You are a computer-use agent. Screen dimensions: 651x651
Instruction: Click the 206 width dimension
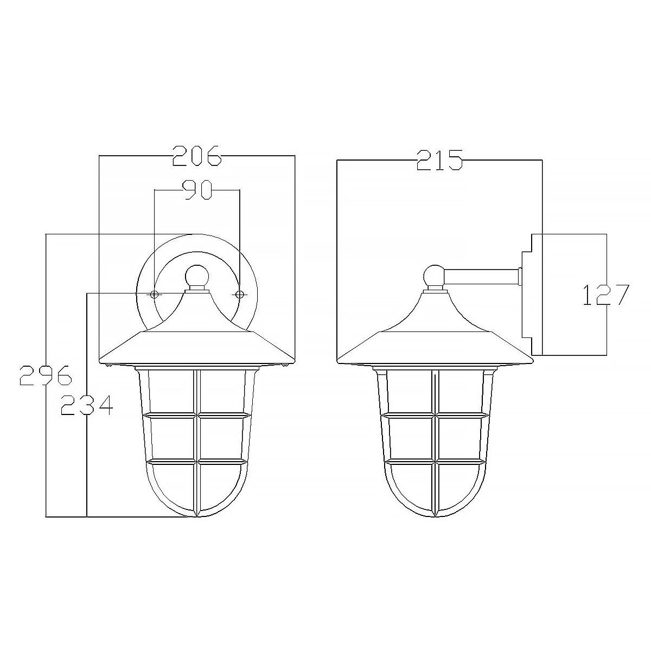(197, 156)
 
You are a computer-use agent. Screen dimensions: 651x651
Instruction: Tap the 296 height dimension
(46, 375)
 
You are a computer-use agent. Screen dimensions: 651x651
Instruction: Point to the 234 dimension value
(86, 405)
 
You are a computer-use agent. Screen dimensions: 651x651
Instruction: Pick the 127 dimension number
(605, 295)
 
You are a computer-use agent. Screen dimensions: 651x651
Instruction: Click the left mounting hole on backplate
(155, 294)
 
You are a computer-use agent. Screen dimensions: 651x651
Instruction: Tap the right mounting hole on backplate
(239, 294)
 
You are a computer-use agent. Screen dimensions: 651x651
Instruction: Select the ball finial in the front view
(197, 277)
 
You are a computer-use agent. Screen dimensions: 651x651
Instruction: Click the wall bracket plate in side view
(532, 293)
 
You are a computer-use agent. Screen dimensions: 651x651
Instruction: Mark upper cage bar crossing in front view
(197, 416)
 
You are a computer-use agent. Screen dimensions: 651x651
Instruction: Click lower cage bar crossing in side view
(436, 462)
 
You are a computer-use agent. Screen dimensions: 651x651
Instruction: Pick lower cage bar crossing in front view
(197, 462)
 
